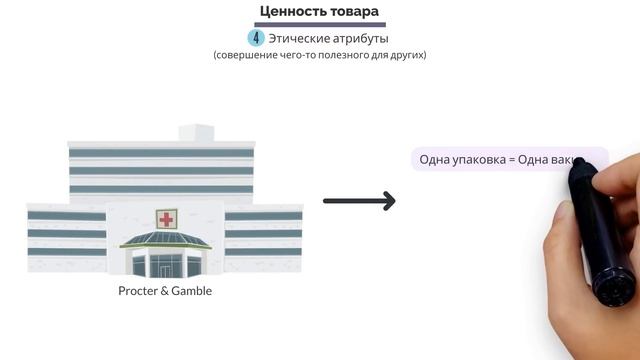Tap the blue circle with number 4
pyautogui.click(x=256, y=38)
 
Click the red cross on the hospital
pyautogui.click(x=164, y=219)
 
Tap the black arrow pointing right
pyautogui.click(x=359, y=201)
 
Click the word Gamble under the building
pyautogui.click(x=190, y=291)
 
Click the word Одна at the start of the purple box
pyautogui.click(x=435, y=160)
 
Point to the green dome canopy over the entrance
pyautogui.click(x=164, y=240)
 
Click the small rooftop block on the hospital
pyautogui.click(x=194, y=132)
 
